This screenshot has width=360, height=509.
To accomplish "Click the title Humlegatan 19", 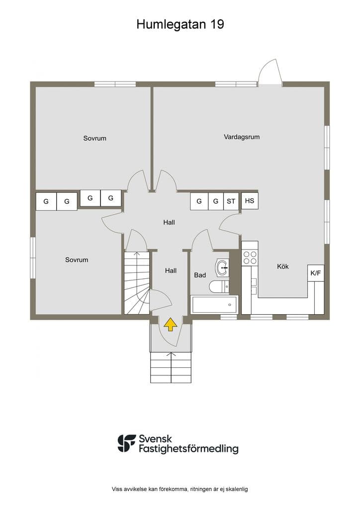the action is (x=180, y=24).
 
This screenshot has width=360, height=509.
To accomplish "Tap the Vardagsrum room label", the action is (x=242, y=137).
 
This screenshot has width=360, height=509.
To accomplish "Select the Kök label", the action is (x=283, y=266).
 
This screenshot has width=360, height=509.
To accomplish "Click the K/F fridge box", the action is (x=316, y=273).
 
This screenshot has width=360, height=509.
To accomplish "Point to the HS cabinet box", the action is (x=250, y=201).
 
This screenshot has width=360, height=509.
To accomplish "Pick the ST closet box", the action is (x=231, y=202).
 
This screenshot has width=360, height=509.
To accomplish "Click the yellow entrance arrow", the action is (x=170, y=324).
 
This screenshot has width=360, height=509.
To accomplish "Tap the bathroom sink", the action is (x=222, y=268).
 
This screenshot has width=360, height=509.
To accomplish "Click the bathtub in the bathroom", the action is (x=214, y=305).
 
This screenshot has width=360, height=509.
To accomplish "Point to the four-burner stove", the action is (x=250, y=257).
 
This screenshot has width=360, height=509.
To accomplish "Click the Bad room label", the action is (x=200, y=275).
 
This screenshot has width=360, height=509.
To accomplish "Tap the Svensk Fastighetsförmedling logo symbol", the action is (x=127, y=443).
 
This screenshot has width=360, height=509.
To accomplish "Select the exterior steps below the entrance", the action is (x=171, y=367).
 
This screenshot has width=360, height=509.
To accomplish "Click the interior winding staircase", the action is (x=137, y=283).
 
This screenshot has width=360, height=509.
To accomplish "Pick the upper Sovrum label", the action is (x=95, y=138).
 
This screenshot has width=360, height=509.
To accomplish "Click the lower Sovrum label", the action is (x=77, y=259).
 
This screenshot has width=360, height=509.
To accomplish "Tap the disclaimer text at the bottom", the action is (x=180, y=489).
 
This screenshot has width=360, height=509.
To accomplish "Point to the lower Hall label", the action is (x=171, y=270).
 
